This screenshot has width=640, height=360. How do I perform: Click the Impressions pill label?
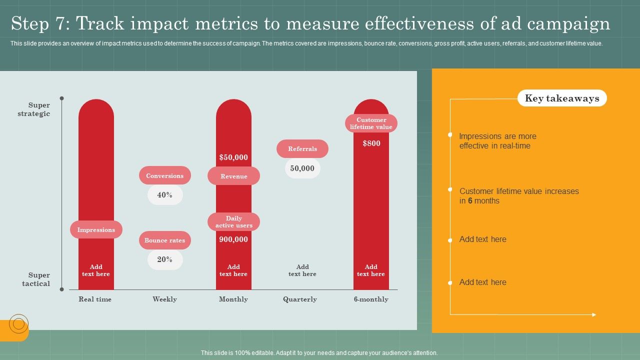pyautogui.click(x=96, y=230)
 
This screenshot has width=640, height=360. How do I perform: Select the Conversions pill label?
pyautogui.click(x=164, y=176)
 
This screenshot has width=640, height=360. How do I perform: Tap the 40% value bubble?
pyautogui.click(x=165, y=195)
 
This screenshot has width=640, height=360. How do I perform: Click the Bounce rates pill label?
pyautogui.click(x=164, y=240)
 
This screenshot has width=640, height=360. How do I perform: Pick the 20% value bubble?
pyautogui.click(x=165, y=259)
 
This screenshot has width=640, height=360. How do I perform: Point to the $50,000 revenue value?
pyautogui.click(x=233, y=157)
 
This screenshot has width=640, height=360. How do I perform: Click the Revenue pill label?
pyautogui.click(x=233, y=176)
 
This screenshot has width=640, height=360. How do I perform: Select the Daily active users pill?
pyautogui.click(x=233, y=222)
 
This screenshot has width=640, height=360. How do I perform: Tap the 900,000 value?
pyautogui.click(x=233, y=239)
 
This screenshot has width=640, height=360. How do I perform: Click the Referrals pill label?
pyautogui.click(x=302, y=149)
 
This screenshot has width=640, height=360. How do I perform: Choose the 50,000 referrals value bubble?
pyautogui.click(x=302, y=168)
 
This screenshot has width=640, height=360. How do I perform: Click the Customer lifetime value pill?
pyautogui.click(x=371, y=123)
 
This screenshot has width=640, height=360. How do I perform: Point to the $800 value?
pyautogui.click(x=371, y=143)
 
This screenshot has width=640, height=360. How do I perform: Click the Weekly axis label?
pyautogui.click(x=164, y=299)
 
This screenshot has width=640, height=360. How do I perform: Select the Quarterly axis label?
pyautogui.click(x=300, y=299)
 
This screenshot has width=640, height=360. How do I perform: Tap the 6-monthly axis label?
pyautogui.click(x=371, y=299)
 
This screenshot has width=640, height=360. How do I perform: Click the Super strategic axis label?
pyautogui.click(x=35, y=109)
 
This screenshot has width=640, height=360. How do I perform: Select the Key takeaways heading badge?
pyautogui.click(x=562, y=98)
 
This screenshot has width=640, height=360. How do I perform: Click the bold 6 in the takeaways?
pyautogui.click(x=470, y=201)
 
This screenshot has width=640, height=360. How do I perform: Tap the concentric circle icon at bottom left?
pyautogui.click(x=18, y=324)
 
